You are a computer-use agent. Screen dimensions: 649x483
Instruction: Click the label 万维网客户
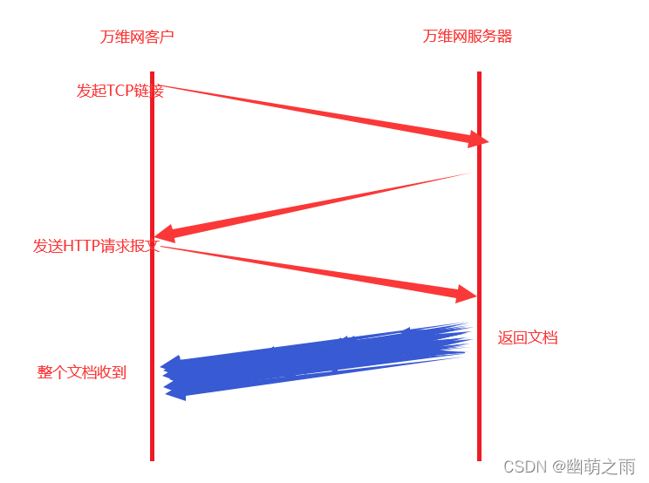point(137,37)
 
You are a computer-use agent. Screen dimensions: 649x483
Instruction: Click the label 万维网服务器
point(467,37)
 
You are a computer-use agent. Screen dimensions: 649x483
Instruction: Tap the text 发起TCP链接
point(120,91)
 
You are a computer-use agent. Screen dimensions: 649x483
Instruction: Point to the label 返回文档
point(528,337)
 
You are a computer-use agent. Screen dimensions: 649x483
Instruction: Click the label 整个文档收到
point(82,372)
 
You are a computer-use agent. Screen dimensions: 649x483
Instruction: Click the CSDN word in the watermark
point(523,466)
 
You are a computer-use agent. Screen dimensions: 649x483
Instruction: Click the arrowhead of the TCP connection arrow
point(480,139)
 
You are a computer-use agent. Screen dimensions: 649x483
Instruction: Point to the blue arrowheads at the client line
point(173,375)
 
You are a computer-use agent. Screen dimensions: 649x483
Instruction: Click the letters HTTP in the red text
point(82,246)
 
